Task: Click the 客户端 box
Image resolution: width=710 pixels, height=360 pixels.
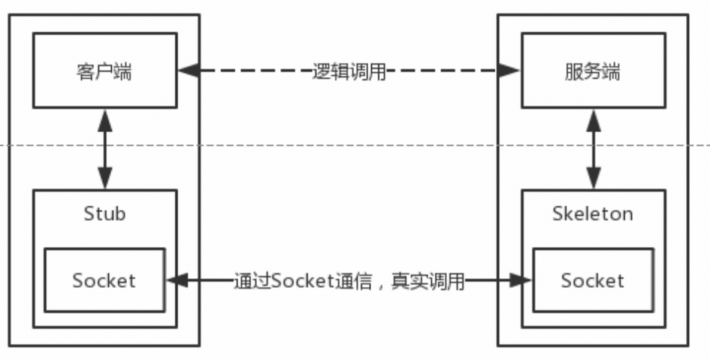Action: click(x=104, y=71)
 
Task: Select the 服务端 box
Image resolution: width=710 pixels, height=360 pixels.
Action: click(x=594, y=71)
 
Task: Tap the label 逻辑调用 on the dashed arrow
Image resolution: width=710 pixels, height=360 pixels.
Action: click(x=349, y=71)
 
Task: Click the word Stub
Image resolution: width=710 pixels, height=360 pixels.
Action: click(x=104, y=213)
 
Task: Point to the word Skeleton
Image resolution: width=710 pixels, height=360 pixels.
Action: click(x=593, y=213)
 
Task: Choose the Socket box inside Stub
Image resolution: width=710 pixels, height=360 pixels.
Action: click(x=104, y=280)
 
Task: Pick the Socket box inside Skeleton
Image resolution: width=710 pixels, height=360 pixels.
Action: click(x=593, y=280)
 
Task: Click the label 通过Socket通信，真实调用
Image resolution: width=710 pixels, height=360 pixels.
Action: click(x=349, y=281)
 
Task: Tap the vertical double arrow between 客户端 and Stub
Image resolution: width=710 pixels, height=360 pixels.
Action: click(x=104, y=150)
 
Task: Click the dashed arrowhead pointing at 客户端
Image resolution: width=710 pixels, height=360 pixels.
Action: click(x=187, y=71)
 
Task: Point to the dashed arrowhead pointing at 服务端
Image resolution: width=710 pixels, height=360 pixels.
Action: click(x=511, y=71)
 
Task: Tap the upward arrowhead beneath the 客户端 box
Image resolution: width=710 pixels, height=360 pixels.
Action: click(x=104, y=117)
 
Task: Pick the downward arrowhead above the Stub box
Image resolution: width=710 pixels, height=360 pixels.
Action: click(x=104, y=181)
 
